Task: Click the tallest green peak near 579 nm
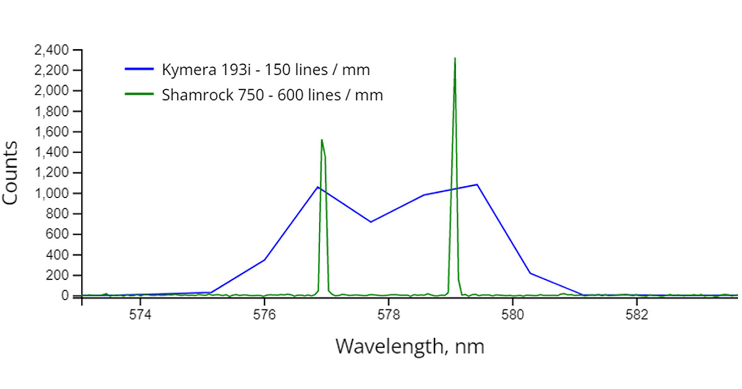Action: click(455, 59)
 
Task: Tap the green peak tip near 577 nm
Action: click(322, 140)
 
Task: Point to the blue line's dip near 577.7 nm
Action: click(370, 222)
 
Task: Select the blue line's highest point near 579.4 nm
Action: click(477, 184)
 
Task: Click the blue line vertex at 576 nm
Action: click(264, 260)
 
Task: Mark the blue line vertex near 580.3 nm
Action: click(530, 273)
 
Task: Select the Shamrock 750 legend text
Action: click(271, 96)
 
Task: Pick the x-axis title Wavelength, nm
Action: click(409, 346)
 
